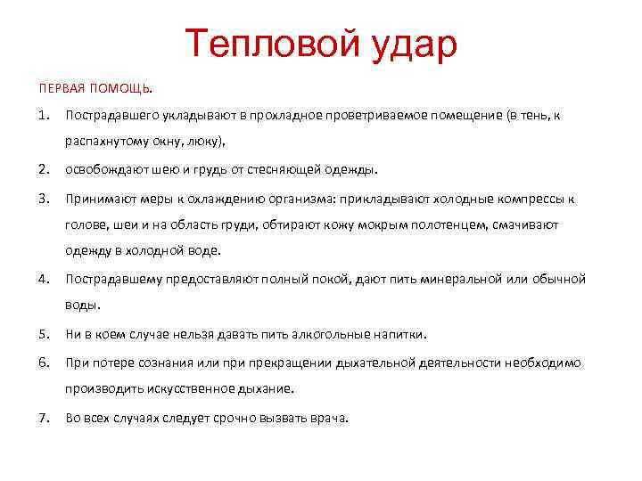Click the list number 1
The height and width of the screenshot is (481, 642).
(43, 117)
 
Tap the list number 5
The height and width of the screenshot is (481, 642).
(43, 335)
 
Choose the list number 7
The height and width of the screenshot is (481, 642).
(43, 417)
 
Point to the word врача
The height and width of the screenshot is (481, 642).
(325, 417)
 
